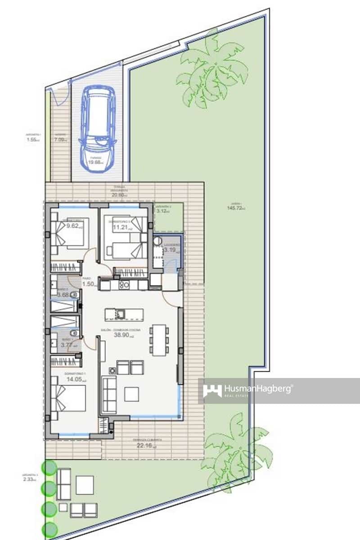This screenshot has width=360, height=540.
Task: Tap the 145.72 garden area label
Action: (x=235, y=208)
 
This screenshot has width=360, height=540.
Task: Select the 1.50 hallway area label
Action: (x=88, y=284)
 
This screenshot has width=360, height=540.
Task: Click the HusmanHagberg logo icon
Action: (x=212, y=390)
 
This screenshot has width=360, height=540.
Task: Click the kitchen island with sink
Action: (x=124, y=313)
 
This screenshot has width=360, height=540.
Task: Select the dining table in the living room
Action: (x=159, y=340)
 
